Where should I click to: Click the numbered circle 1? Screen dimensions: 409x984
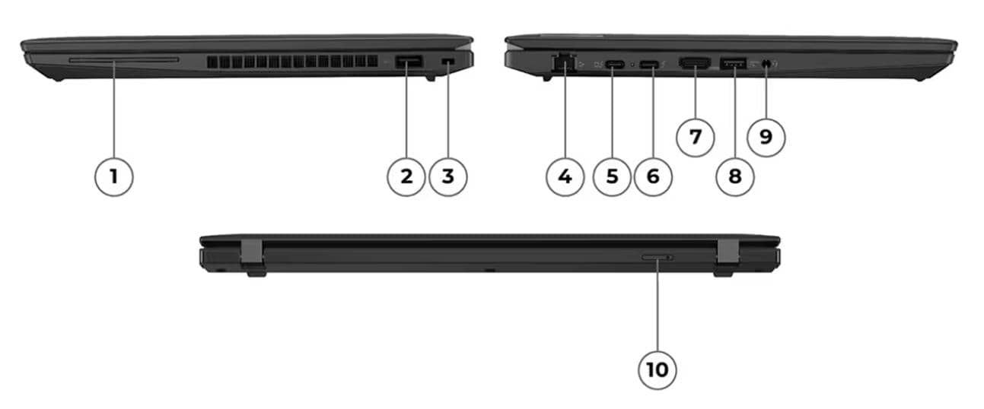(x=113, y=176)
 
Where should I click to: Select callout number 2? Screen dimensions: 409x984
(x=406, y=176)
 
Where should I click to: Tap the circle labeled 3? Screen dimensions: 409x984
(x=447, y=176)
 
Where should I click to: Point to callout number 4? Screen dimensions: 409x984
(x=565, y=176)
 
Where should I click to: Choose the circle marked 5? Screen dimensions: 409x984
(x=613, y=176)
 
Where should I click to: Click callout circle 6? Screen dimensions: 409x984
(x=653, y=176)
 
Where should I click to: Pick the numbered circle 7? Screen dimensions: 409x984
(x=695, y=137)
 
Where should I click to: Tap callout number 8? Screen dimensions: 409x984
(x=734, y=176)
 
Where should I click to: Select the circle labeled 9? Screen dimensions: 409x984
(x=766, y=137)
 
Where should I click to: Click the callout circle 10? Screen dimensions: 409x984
(x=657, y=369)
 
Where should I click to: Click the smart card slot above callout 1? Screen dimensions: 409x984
(x=123, y=59)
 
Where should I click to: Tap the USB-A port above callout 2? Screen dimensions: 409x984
(x=409, y=62)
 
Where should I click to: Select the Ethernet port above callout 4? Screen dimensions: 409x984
(x=565, y=63)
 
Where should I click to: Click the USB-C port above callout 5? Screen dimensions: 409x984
(x=615, y=65)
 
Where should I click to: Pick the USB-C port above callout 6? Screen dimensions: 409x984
(x=649, y=65)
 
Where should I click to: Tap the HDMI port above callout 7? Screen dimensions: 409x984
(x=694, y=65)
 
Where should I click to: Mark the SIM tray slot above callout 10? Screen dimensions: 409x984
(x=657, y=258)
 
